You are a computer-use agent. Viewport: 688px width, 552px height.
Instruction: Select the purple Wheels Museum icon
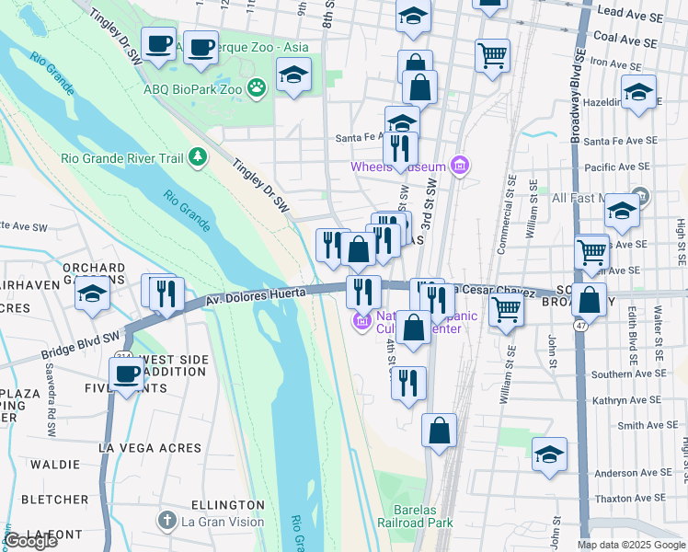click(x=461, y=167)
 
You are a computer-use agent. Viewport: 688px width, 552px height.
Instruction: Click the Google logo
click(x=30, y=541)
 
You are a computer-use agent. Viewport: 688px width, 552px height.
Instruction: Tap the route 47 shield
click(x=581, y=326)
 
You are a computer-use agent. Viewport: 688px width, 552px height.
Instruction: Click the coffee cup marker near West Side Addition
click(x=127, y=374)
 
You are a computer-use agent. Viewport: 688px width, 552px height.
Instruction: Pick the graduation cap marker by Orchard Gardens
click(x=92, y=294)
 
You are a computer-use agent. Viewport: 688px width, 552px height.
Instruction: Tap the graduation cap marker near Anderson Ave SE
click(x=550, y=454)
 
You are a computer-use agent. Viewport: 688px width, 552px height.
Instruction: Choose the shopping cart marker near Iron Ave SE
click(x=493, y=55)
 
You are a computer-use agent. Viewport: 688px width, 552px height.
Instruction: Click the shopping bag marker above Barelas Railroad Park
click(x=440, y=430)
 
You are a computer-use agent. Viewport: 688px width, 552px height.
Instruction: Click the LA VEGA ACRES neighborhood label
click(x=150, y=448)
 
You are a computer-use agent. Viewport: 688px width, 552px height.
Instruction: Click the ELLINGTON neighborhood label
click(x=228, y=505)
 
